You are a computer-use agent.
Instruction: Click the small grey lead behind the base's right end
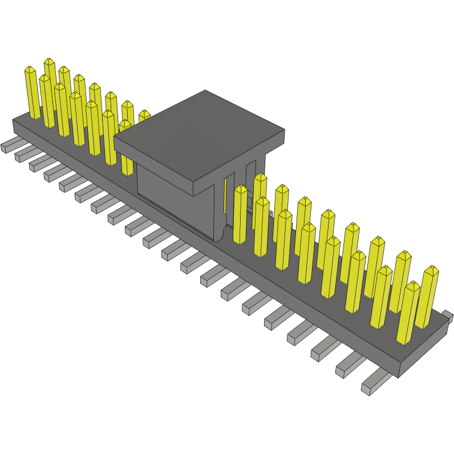click(447, 316)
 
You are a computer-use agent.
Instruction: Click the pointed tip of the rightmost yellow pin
click(432, 269)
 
